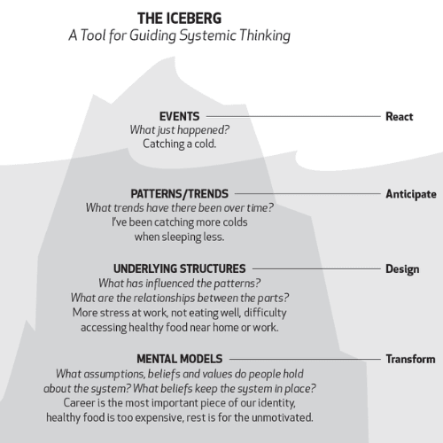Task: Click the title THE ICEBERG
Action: pyautogui.click(x=180, y=19)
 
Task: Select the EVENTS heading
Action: pyautogui.click(x=180, y=116)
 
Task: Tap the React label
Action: pyautogui.click(x=400, y=117)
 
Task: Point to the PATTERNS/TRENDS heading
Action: pyautogui.click(x=180, y=194)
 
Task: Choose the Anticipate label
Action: pyautogui.click(x=411, y=194)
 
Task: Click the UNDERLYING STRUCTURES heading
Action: pyautogui.click(x=180, y=268)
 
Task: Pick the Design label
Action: pyautogui.click(x=402, y=269)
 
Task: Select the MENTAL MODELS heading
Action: pyautogui.click(x=180, y=359)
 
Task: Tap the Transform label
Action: pyautogui.click(x=410, y=359)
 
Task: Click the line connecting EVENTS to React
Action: pyautogui.click(x=293, y=117)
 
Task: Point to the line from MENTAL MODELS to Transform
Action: pyautogui.click(x=305, y=360)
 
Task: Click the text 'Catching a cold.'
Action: pyautogui.click(x=180, y=144)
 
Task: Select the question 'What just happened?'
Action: pyautogui.click(x=180, y=130)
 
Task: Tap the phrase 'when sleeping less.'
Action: pyautogui.click(x=180, y=237)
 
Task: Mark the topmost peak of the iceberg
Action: pyautogui.click(x=175, y=57)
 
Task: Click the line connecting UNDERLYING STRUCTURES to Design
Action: pyautogui.click(x=316, y=269)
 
